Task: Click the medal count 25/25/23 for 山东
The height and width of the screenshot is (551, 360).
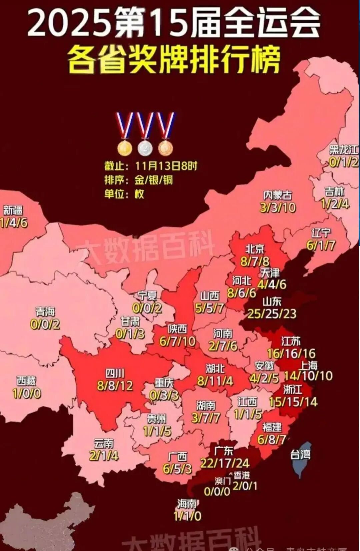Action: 272,314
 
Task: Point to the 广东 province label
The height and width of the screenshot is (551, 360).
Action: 224,451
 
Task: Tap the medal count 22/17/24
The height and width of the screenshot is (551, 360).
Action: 225,463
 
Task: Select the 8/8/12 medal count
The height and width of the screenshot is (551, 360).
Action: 115,386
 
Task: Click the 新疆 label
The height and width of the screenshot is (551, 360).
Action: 13,210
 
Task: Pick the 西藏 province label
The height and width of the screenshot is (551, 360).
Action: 26,381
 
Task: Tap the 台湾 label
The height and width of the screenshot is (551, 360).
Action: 300,454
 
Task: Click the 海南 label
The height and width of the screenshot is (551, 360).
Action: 187,503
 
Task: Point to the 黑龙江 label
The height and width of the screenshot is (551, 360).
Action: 344,150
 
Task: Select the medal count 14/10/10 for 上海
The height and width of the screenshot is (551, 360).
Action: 308,376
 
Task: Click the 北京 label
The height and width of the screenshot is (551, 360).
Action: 255,249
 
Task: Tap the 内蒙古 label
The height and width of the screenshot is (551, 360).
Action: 278,195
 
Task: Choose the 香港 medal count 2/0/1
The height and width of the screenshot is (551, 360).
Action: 245,486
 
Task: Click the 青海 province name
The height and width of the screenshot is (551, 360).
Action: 45,312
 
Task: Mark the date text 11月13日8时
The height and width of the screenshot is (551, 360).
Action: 166,166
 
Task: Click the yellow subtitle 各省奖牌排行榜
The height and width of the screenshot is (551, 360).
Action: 173,60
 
